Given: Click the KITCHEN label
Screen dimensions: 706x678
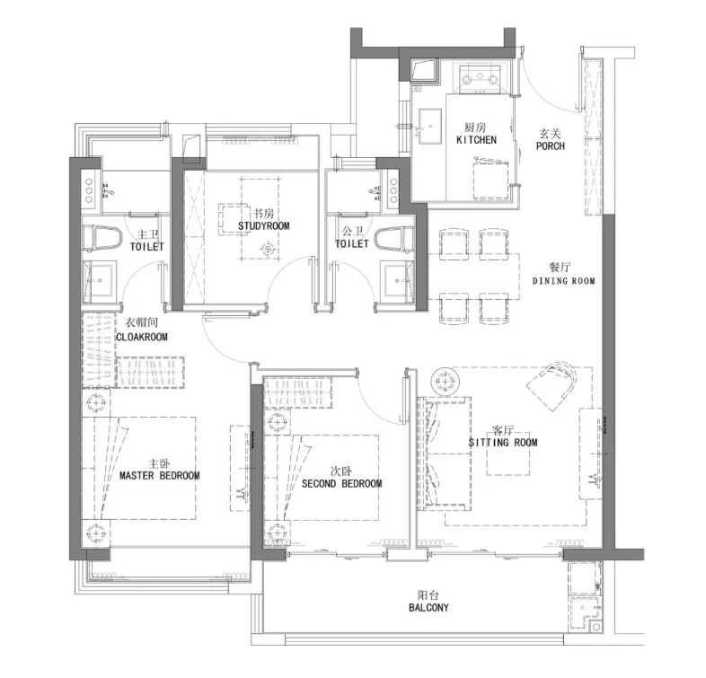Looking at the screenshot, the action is coord(476,140).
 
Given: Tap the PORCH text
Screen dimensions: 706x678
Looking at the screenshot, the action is coord(551,145).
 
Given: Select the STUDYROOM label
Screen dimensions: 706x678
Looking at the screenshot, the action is coord(263,225).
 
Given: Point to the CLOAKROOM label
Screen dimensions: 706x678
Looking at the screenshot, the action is coord(142,337).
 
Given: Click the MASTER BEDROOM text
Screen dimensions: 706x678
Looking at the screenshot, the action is coord(159,475).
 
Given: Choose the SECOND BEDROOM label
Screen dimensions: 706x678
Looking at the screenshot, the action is coord(341,483).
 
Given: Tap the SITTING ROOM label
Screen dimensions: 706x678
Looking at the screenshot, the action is coord(503,442).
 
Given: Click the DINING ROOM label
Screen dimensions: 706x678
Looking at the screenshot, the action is coord(564,281).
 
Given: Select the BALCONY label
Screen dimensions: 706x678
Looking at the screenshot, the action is coord(428,607).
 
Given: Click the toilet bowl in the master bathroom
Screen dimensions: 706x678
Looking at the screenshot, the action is coord(102,238).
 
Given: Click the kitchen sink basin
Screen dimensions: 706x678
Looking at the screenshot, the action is coord(429,126).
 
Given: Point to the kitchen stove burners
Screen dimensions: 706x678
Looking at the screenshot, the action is coord(480,79).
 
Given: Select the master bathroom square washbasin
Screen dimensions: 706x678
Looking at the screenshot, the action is coord(100,280).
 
